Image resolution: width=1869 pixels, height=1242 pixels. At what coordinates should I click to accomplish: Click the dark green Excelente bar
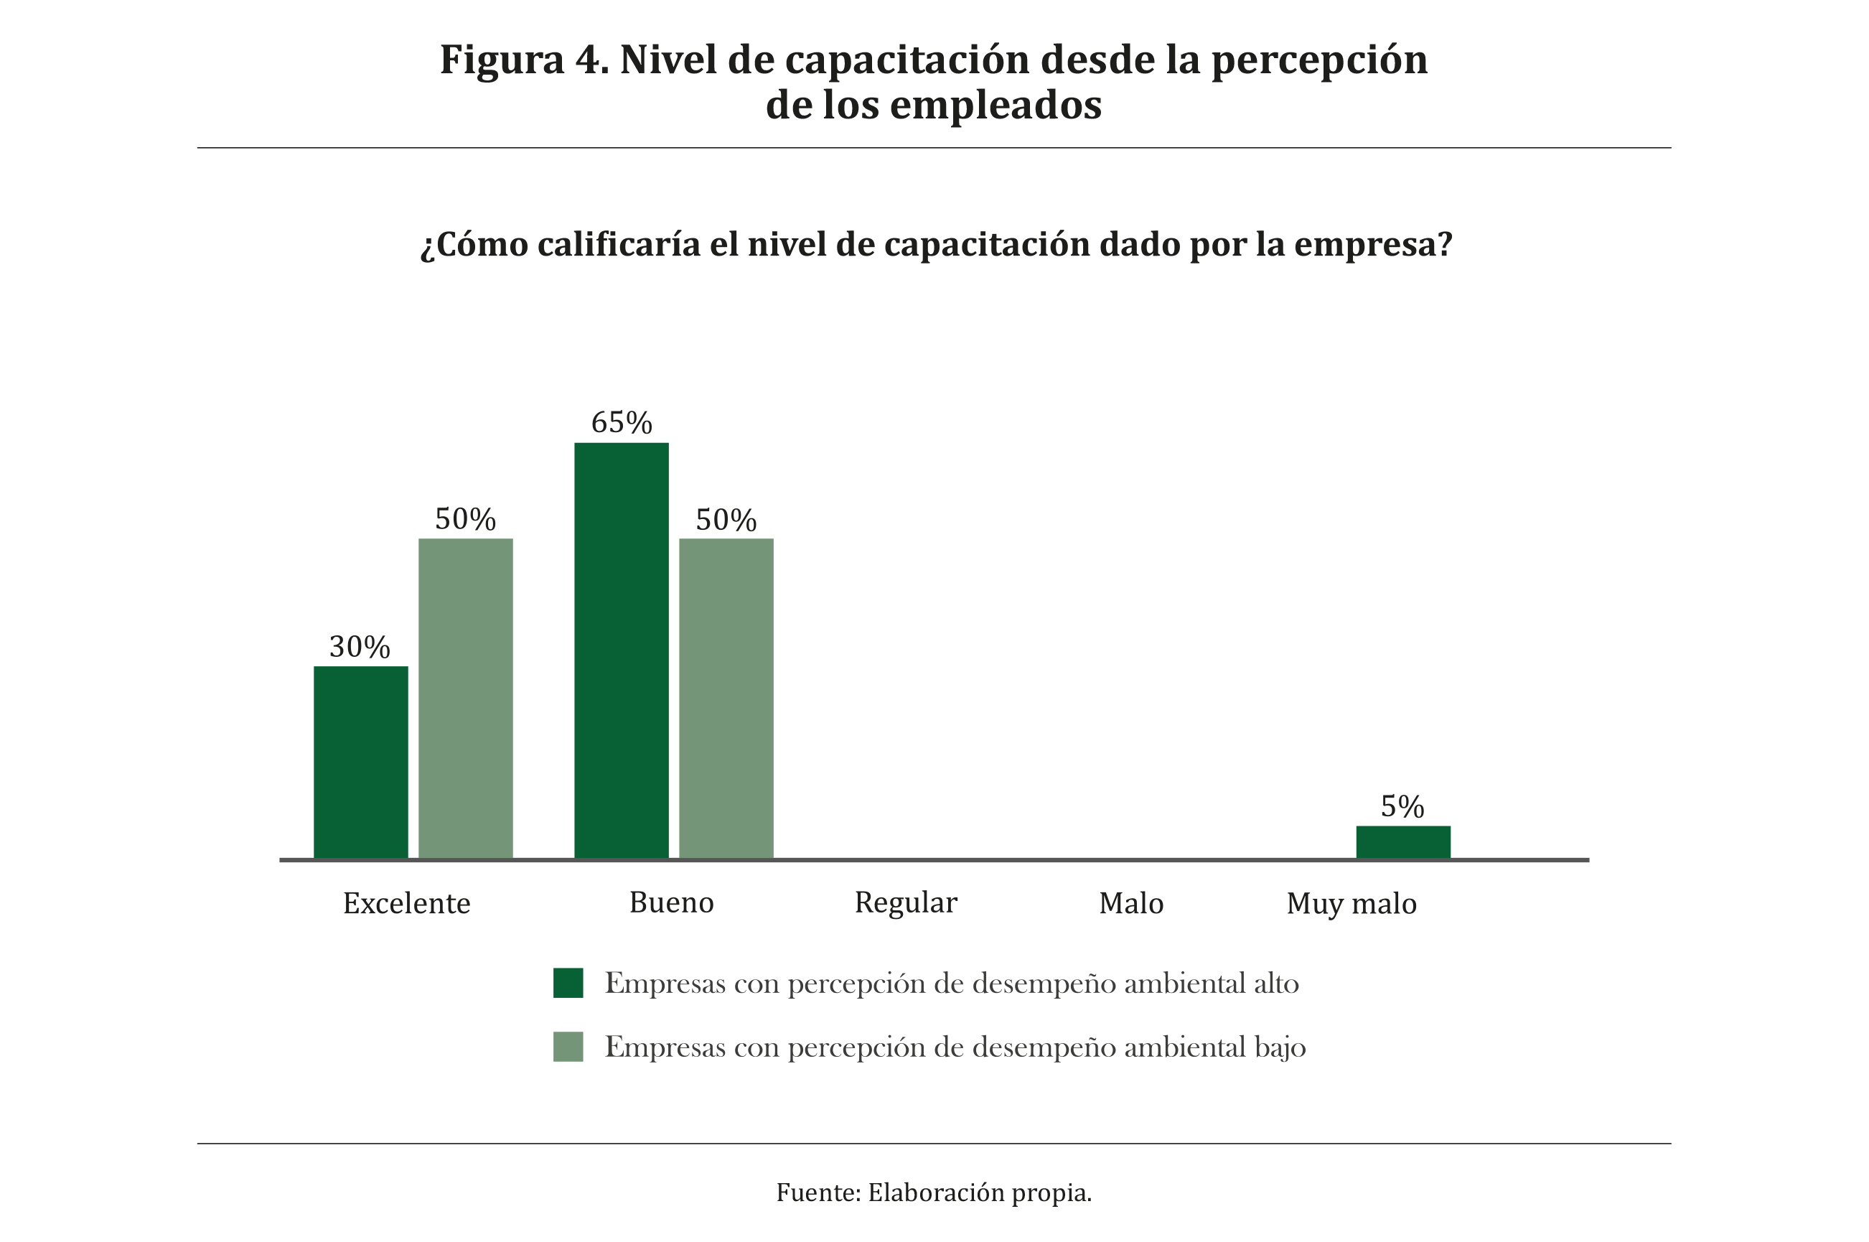(x=360, y=762)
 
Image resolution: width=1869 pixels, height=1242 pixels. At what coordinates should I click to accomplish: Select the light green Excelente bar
(x=465, y=699)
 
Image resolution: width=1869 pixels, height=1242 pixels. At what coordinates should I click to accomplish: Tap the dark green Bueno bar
(x=621, y=650)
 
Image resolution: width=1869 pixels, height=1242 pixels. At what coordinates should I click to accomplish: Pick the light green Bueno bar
(x=726, y=699)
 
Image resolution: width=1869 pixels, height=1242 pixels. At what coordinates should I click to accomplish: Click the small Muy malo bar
(x=1402, y=842)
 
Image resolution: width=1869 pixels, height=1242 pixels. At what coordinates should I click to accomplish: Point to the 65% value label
(x=621, y=423)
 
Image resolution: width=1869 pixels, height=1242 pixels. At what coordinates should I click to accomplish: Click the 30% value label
(x=360, y=647)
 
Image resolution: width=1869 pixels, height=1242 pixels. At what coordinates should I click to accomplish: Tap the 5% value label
(x=1402, y=807)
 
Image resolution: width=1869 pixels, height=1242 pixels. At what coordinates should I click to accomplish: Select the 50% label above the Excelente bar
(x=465, y=520)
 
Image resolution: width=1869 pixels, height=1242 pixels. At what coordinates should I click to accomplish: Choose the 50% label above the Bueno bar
(x=726, y=520)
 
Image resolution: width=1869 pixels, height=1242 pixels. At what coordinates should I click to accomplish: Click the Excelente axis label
(x=406, y=904)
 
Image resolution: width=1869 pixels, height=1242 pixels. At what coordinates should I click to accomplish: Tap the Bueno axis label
(x=671, y=903)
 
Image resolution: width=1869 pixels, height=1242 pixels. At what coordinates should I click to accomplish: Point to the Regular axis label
(x=905, y=903)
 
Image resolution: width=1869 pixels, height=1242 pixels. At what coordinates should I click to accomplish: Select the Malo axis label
(x=1131, y=904)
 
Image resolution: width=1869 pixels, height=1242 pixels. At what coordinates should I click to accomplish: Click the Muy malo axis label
(x=1351, y=904)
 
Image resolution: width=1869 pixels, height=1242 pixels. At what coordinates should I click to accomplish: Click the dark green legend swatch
(x=568, y=983)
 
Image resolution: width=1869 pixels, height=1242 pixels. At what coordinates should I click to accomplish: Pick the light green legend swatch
(x=568, y=1046)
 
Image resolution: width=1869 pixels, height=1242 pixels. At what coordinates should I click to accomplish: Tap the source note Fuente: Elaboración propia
(x=934, y=1192)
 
